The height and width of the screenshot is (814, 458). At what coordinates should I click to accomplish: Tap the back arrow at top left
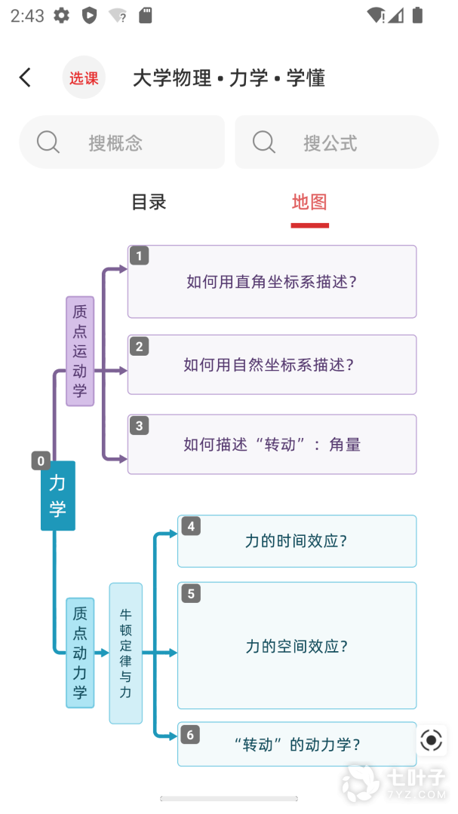(x=25, y=78)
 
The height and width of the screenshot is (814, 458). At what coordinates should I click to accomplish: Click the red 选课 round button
(x=84, y=78)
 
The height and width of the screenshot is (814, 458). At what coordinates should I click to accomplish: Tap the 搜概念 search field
(x=122, y=142)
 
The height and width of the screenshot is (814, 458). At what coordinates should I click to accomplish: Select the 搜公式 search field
(x=337, y=142)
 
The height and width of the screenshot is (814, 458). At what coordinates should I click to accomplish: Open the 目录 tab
(x=149, y=202)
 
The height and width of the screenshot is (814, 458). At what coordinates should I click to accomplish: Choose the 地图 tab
(x=309, y=202)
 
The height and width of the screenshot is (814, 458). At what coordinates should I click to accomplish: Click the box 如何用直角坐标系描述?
(x=272, y=281)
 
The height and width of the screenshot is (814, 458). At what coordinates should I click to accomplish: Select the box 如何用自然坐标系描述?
(x=272, y=365)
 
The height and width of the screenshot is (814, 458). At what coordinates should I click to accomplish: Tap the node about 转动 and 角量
(x=272, y=444)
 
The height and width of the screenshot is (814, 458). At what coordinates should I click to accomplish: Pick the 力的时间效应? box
(x=297, y=541)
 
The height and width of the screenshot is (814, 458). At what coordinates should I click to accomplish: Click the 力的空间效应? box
(x=297, y=645)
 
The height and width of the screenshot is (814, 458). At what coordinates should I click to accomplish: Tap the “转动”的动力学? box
(x=297, y=744)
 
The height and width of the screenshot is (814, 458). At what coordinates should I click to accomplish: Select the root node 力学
(x=57, y=496)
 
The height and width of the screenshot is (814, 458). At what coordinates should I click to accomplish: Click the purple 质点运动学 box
(x=80, y=351)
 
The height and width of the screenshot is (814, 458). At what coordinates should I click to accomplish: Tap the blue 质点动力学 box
(x=80, y=653)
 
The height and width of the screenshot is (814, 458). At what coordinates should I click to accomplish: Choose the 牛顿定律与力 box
(x=126, y=653)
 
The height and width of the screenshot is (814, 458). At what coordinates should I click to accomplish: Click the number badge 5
(x=192, y=593)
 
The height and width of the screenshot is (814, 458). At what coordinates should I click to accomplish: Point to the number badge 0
(x=41, y=461)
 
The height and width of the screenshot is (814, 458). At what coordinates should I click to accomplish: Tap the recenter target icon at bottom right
(x=431, y=740)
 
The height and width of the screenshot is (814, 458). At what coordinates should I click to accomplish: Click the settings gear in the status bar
(x=61, y=16)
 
